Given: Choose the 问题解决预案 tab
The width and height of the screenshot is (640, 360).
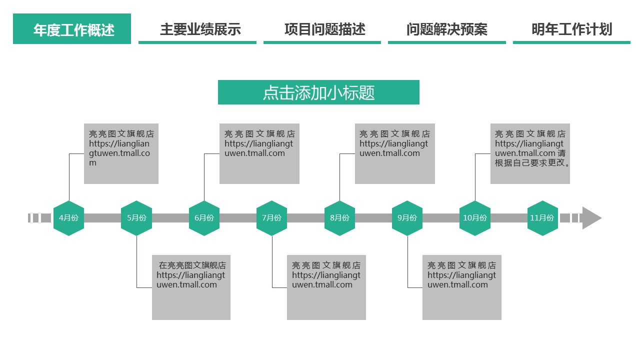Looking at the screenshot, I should tap(447, 29).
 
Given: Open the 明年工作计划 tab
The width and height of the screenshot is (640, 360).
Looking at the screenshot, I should tap(571, 29).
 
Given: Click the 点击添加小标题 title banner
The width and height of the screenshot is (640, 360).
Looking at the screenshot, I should tap(318, 92).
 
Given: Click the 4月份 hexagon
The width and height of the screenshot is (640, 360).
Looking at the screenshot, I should tap(68, 218).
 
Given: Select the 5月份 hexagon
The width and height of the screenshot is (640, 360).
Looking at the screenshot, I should tap(136, 218).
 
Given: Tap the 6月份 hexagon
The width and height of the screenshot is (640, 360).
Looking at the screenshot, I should tap(204, 218).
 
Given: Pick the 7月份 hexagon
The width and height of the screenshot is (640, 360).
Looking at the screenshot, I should tap(272, 218).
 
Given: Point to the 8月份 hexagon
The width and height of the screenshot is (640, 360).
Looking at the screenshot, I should tap(339, 218).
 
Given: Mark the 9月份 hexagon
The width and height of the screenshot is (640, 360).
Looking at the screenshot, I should tap(407, 218).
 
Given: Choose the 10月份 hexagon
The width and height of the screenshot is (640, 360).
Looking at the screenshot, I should tap(475, 218).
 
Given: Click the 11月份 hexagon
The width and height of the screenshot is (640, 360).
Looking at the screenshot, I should tap(542, 218).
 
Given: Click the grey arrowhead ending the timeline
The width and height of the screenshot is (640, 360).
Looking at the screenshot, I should tap(591, 218).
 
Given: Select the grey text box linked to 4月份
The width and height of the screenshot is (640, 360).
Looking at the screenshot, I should tap(121, 153).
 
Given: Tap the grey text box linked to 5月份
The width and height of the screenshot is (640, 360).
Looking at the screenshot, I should tap(191, 287).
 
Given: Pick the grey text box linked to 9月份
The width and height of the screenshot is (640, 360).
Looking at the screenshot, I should tap(461, 287).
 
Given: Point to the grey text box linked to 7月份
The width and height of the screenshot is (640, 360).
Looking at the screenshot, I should tap(326, 287).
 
